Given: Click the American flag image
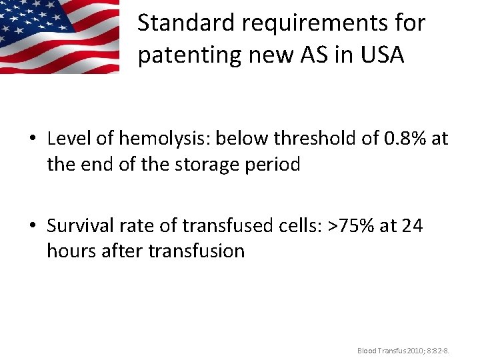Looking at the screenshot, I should [59, 36].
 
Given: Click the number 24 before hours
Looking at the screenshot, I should [412, 225].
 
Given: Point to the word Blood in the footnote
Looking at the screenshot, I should [367, 350].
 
